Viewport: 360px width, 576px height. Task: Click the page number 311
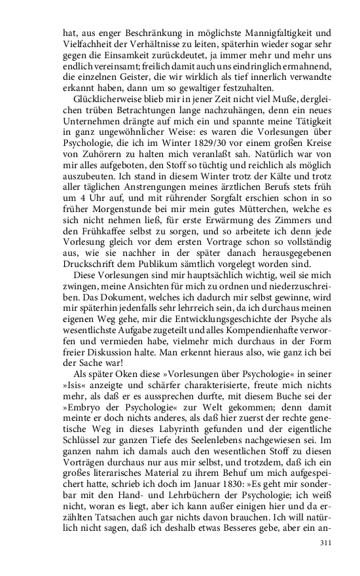coord(326,543)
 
